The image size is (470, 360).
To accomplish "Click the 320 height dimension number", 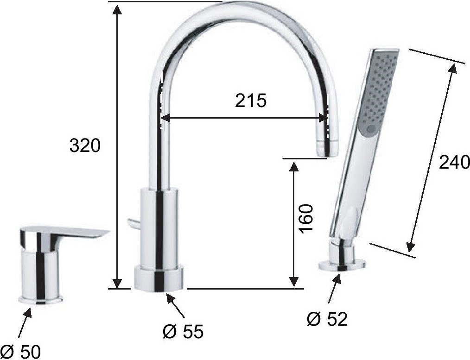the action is [x=85, y=146].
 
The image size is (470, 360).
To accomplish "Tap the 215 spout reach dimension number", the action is [x=251, y=101].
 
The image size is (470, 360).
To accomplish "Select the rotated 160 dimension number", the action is [x=306, y=219].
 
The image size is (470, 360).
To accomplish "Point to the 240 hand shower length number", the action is [x=454, y=163].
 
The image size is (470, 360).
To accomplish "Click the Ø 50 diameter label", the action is [x=20, y=352].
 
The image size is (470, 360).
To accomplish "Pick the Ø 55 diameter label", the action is [x=183, y=331].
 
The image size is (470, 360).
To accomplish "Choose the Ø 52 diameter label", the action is [x=327, y=319].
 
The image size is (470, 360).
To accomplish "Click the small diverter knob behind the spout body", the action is [x=133, y=223].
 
